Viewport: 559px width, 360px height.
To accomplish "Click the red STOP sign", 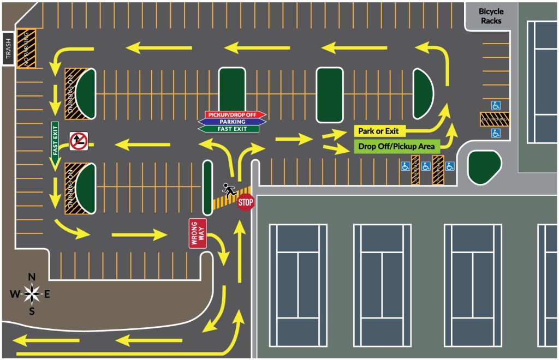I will (246, 202).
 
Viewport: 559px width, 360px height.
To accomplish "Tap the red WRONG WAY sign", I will (198, 233).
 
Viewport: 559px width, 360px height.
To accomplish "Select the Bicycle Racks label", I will (491, 16).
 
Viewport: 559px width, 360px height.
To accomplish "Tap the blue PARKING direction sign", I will (232, 122).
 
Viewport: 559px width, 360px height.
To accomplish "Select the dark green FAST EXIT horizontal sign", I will (229, 129).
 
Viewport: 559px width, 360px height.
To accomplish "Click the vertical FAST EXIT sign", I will (55, 144).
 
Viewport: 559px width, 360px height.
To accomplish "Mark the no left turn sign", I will (79, 141).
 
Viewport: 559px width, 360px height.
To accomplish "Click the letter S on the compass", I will (32, 311).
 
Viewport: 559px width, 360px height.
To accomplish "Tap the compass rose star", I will (32, 294).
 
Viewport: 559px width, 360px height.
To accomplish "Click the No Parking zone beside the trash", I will (26, 48).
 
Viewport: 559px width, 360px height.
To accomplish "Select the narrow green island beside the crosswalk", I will (207, 187).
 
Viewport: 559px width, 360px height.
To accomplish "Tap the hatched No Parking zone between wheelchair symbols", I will (495, 118).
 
